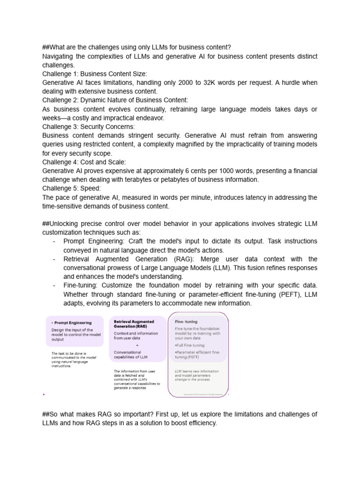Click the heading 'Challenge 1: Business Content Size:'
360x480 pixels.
(x=94, y=74)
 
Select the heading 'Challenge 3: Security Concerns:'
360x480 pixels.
(x=88, y=127)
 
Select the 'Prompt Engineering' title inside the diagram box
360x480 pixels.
(x=73, y=323)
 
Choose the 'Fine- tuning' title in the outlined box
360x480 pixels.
(x=186, y=322)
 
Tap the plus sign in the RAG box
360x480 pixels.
(x=137, y=345)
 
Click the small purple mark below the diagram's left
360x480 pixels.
(x=44, y=394)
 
